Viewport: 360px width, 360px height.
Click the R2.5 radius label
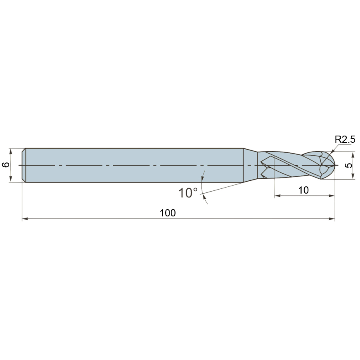pyautogui.click(x=345, y=139)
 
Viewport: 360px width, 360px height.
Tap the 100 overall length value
pyautogui.click(x=168, y=213)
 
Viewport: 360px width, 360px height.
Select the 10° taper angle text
pyautogui.click(x=188, y=193)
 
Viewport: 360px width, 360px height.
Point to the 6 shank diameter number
pyautogui.click(x=6, y=165)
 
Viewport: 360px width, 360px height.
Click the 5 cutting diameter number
pyautogui.click(x=348, y=165)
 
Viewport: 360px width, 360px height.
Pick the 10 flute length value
pyautogui.click(x=303, y=190)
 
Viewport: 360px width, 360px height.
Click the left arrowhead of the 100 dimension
pyautogui.click(x=25, y=219)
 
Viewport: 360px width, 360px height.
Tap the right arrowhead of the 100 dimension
pyautogui.click(x=332, y=219)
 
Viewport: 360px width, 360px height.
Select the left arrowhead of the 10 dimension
pyautogui.click(x=277, y=196)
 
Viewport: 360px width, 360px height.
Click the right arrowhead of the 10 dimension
pyautogui.click(x=332, y=196)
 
